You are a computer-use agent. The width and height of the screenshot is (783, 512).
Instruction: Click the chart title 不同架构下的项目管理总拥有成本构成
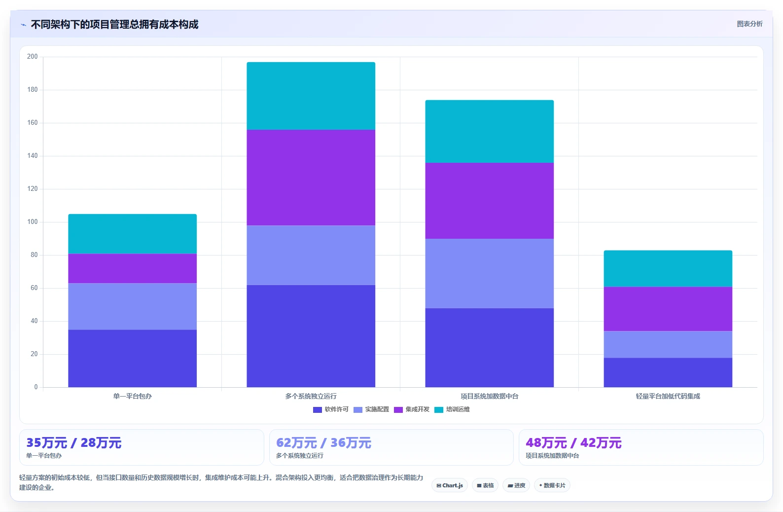(x=114, y=25)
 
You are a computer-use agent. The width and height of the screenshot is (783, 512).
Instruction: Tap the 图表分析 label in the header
(x=749, y=24)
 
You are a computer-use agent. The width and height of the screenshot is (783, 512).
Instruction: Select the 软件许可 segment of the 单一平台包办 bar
(x=133, y=358)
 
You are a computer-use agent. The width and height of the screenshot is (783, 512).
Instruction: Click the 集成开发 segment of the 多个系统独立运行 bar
(x=311, y=177)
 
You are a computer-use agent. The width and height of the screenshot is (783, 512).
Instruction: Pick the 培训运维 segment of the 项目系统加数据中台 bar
(x=489, y=132)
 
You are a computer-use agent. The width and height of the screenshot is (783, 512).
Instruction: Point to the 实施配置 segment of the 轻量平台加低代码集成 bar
(x=668, y=344)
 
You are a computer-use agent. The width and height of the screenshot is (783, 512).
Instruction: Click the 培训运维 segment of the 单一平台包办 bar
(x=133, y=234)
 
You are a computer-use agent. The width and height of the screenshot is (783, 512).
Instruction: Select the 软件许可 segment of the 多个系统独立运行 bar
(x=311, y=336)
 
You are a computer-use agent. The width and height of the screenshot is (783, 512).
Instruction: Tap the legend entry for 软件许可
(x=331, y=409)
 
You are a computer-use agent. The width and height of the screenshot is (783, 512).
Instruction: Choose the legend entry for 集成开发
(x=411, y=409)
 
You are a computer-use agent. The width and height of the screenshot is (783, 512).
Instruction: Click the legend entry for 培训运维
(x=452, y=409)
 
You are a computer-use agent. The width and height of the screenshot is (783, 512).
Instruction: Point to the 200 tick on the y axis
(x=33, y=56)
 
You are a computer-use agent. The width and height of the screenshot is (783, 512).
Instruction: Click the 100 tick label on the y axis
(x=33, y=222)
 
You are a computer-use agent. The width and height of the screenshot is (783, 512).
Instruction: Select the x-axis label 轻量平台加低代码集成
(x=668, y=396)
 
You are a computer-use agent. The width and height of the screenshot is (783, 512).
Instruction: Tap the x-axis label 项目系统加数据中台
(x=489, y=396)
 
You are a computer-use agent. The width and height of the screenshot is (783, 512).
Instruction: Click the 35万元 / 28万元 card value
(x=74, y=443)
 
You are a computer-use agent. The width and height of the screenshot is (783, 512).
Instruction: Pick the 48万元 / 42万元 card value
(x=573, y=443)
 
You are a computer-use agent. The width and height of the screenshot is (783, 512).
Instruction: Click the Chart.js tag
(x=450, y=485)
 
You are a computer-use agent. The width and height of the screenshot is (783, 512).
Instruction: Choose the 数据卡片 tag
(x=552, y=485)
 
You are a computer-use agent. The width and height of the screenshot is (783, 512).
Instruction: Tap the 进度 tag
(x=516, y=485)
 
